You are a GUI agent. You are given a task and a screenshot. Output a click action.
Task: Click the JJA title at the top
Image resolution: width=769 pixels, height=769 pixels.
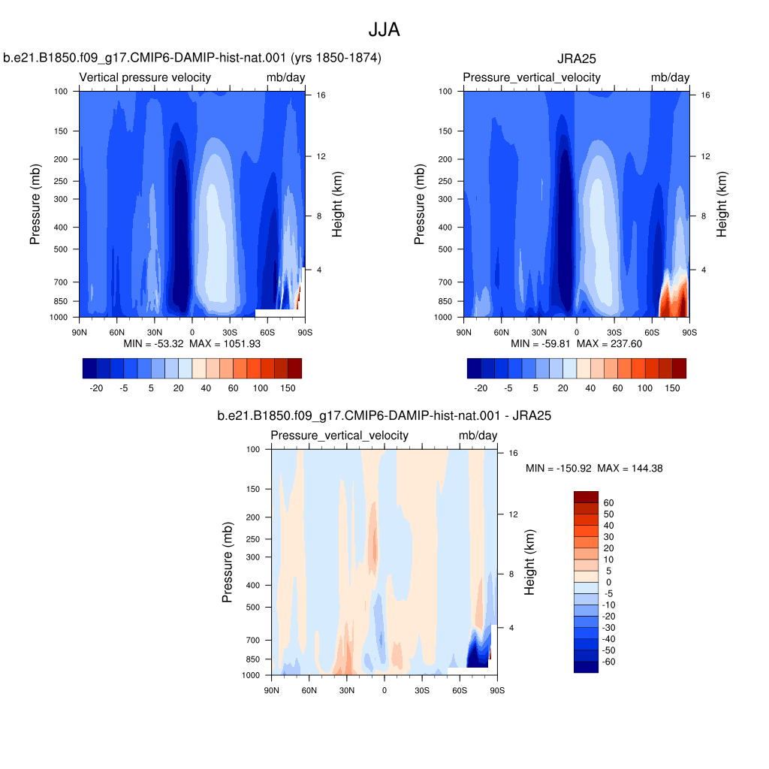[384, 30]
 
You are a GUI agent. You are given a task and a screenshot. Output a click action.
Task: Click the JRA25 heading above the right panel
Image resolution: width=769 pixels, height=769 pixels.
[576, 59]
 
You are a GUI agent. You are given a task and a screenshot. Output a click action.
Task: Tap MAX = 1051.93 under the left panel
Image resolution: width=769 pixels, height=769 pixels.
[225, 344]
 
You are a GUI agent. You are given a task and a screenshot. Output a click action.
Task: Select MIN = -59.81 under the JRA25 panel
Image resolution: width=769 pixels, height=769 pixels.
[541, 344]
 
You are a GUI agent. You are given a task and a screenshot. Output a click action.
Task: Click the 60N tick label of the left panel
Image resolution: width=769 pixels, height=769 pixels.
[116, 333]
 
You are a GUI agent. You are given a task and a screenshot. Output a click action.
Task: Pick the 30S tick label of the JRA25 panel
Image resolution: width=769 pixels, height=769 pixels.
[614, 333]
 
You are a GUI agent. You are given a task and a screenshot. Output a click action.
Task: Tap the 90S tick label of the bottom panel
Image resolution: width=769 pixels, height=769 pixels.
[497, 691]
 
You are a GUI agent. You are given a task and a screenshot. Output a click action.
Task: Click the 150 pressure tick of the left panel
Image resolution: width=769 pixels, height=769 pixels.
[61, 131]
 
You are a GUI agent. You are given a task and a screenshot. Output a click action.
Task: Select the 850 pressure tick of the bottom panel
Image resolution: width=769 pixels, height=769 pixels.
[253, 659]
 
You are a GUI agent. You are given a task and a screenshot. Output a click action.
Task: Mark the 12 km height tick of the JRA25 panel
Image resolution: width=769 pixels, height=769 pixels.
[705, 156]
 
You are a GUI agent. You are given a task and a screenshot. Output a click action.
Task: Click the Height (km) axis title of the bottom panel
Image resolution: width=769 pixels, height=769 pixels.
[529, 562]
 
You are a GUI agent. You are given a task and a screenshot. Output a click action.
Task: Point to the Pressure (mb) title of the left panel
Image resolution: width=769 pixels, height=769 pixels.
[35, 204]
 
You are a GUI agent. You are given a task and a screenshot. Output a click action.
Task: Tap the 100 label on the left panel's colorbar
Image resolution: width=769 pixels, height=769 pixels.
[261, 388]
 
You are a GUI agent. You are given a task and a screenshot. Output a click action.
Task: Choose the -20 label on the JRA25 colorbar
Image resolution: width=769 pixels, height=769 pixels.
[481, 388]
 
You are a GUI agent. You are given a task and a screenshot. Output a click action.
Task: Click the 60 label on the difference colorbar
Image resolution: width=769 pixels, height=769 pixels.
[608, 502]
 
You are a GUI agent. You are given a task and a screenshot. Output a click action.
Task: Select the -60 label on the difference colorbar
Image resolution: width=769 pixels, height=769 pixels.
[608, 662]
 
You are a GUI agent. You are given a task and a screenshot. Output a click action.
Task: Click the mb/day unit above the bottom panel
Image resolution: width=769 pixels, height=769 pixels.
[478, 436]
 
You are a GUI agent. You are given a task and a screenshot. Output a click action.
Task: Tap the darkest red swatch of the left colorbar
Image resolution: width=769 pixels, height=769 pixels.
[294, 368]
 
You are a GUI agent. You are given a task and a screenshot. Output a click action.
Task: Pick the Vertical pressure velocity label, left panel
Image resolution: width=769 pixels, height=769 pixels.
[145, 77]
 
